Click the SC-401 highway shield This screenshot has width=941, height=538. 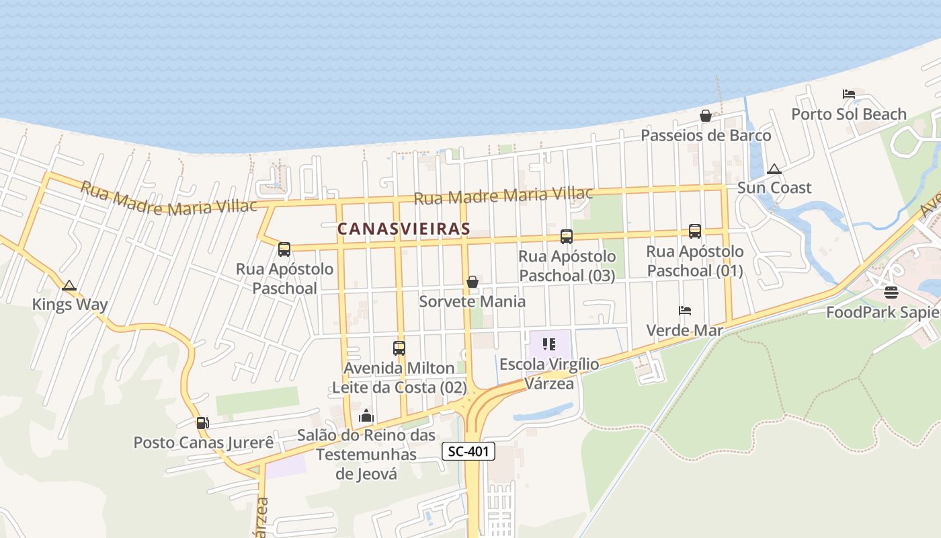point(468,451)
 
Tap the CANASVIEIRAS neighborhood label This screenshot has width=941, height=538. point(403,229)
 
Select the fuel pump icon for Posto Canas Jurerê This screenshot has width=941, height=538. point(202,423)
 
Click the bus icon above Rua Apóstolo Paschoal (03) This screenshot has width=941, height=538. point(567,236)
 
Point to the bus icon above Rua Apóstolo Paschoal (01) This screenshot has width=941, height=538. point(695,231)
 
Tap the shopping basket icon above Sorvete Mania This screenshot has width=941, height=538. point(473,282)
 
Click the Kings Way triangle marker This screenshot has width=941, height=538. point(69,286)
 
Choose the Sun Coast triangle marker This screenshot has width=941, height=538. point(774,169)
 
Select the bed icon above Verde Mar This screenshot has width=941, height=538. point(685,311)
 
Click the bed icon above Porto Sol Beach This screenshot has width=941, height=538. point(849,94)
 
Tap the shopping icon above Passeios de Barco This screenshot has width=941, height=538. point(706,116)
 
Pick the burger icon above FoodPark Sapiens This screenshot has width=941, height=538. point(891,293)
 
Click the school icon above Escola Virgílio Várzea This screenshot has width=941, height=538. point(549,345)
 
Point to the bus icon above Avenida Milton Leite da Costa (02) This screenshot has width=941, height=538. point(399,348)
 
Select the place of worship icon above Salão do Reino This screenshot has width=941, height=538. point(366,416)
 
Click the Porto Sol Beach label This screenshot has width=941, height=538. point(849,114)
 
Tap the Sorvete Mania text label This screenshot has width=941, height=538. point(472,301)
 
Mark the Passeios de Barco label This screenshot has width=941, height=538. point(706,136)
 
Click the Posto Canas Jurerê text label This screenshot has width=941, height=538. point(204,443)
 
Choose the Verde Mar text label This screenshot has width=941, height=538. point(684,330)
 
